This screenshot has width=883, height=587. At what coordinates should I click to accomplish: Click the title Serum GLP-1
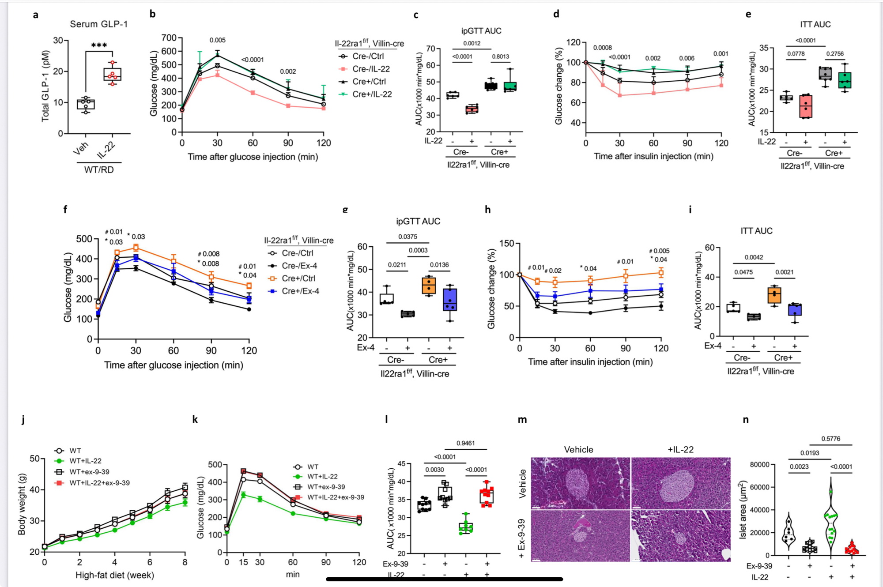point(98,24)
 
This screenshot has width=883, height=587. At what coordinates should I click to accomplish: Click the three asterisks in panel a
point(99,45)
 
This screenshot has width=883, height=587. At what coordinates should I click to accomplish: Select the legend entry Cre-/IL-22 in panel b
point(371,69)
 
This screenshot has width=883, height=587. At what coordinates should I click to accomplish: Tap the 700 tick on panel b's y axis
point(169,38)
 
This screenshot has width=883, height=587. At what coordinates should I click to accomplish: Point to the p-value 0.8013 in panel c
point(501,56)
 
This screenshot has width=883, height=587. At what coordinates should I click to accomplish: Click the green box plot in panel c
point(510,87)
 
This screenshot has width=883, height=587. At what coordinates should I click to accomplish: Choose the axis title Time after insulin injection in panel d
point(653,156)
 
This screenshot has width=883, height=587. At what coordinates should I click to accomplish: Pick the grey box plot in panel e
point(825,73)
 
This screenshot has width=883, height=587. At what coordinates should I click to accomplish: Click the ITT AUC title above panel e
point(815,25)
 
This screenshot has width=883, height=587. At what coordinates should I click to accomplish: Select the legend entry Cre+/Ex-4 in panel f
point(300,291)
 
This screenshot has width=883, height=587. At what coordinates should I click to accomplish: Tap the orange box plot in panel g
point(429,285)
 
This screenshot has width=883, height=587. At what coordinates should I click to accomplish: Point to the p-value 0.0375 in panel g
point(408,237)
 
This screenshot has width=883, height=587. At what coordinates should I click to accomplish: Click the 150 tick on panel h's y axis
point(507,244)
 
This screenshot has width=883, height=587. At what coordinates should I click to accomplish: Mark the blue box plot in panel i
point(795,309)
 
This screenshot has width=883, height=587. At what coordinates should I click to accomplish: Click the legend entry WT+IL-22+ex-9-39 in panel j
point(99,483)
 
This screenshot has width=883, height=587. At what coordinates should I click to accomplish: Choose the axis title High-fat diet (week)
point(115,575)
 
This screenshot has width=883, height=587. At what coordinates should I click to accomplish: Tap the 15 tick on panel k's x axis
point(243,562)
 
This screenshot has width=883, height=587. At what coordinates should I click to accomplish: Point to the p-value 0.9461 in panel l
point(466,443)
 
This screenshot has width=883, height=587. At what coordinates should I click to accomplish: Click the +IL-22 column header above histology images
point(680,450)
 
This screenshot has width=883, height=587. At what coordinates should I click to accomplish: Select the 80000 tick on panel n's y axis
point(759,464)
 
